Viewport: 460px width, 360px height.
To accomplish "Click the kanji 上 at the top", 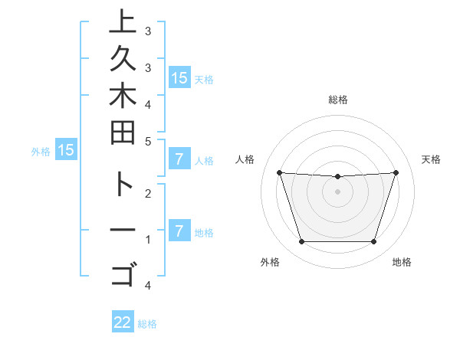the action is click(122, 23).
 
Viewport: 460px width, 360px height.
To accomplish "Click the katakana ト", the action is click(122, 187).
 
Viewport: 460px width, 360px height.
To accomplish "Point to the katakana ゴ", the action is click(122, 272).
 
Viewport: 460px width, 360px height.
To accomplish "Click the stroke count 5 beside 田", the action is click(148, 141).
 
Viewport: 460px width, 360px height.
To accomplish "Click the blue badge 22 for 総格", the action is click(123, 322).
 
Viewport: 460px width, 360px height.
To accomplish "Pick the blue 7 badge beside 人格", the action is click(179, 159).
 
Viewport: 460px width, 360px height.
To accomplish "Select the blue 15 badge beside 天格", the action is click(179, 78).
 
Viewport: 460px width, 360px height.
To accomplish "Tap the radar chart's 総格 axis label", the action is click(337, 100).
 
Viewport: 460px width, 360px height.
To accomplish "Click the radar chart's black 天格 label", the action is click(431, 159).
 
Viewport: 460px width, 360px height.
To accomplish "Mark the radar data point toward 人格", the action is click(279, 172).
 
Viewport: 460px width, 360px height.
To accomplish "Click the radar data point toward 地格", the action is click(373, 242).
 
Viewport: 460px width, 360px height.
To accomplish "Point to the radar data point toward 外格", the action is click(301, 242).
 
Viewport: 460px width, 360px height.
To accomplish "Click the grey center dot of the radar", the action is click(337, 192).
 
